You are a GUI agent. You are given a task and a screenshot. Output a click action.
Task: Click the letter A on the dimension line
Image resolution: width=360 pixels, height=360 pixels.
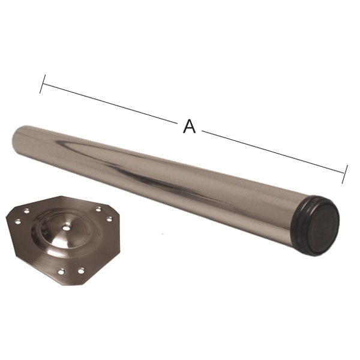point(189,126)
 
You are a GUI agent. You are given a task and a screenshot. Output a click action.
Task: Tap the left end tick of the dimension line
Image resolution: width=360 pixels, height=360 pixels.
point(43,84)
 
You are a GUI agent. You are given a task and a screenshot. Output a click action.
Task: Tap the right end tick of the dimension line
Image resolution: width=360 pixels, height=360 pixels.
point(345,174)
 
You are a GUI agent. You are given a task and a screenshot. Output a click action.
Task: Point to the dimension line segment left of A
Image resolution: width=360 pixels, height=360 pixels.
point(110,104)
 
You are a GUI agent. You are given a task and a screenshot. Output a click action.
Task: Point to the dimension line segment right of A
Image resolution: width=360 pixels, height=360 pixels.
point(273,152)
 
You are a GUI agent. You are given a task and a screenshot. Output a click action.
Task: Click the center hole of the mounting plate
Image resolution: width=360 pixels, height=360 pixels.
point(66,228)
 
